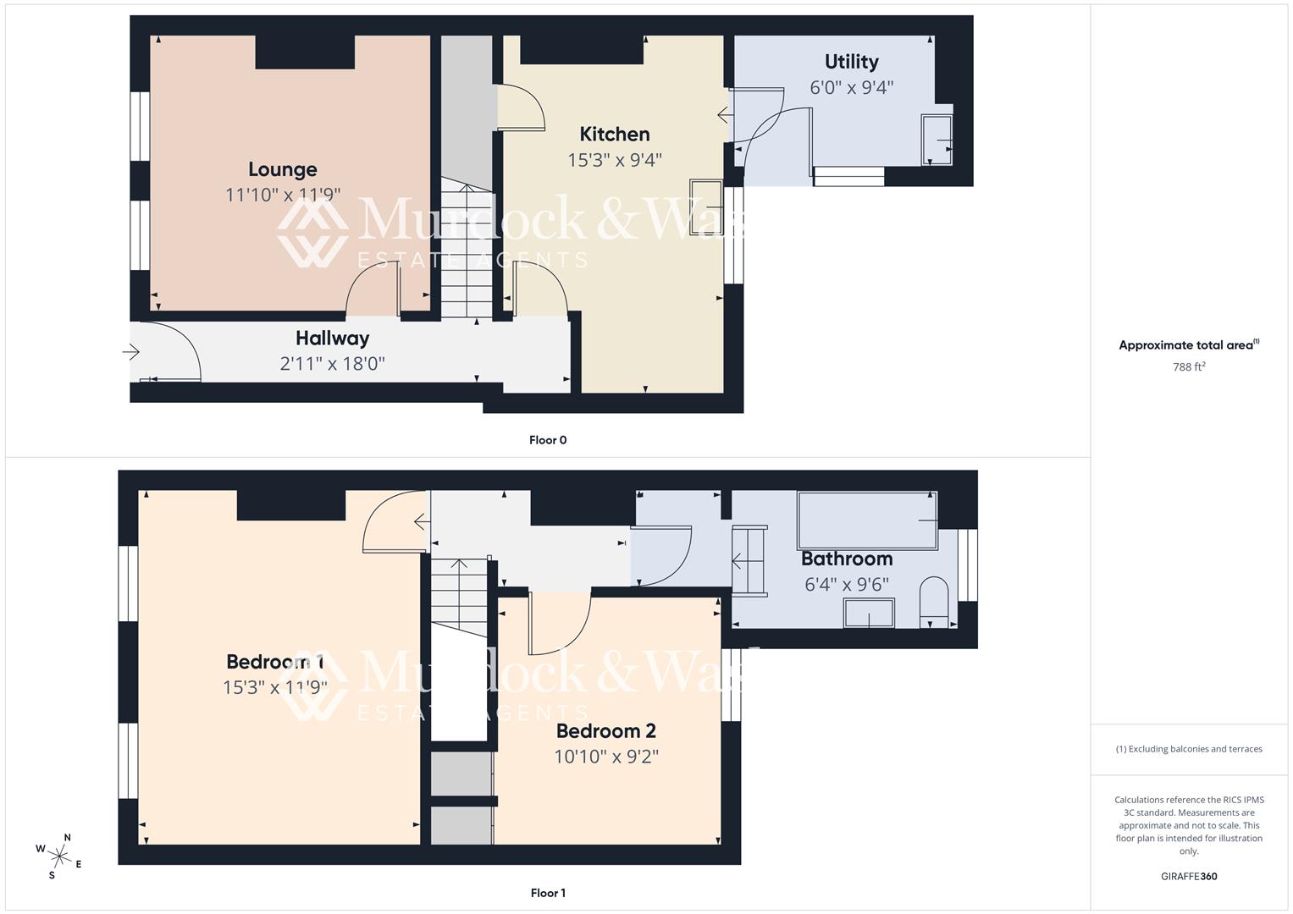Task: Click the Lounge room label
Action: [x=282, y=169]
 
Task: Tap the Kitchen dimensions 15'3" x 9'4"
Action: [x=614, y=160]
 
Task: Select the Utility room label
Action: [x=851, y=62]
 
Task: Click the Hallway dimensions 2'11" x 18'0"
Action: [x=332, y=364]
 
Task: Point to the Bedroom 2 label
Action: [x=605, y=730]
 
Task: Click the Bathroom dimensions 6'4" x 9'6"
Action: [x=846, y=584]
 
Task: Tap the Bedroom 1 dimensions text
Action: [x=274, y=687]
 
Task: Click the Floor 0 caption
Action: [x=548, y=440]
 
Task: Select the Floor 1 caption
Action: [x=548, y=893]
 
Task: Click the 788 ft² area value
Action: [x=1189, y=366]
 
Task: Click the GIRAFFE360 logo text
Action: [x=1189, y=876]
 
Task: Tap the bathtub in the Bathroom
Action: [x=867, y=520]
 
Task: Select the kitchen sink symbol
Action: [x=705, y=207]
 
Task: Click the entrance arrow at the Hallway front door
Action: [x=131, y=351]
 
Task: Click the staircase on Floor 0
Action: [x=466, y=250]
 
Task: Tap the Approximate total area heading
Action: [x=1189, y=345]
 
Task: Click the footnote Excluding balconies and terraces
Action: [x=1189, y=749]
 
